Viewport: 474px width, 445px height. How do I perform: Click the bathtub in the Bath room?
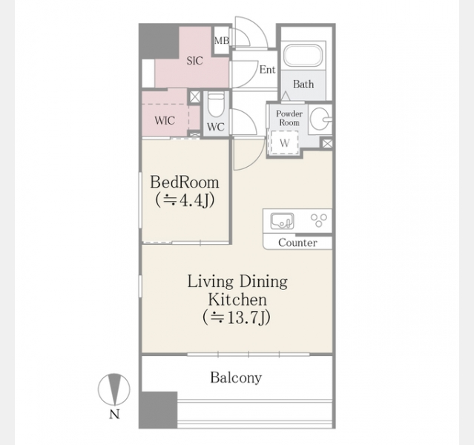tap(303, 56)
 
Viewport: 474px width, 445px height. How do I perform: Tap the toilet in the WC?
tap(216, 105)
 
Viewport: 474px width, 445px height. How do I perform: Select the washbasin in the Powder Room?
tap(320, 119)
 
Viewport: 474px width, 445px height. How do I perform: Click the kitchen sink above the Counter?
tap(282, 221)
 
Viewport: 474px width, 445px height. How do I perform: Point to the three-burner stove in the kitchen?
tap(319, 220)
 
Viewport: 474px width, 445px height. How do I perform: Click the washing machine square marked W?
tap(284, 142)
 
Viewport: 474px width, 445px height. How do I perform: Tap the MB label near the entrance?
tap(222, 41)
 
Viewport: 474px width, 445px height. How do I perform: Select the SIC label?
tap(194, 61)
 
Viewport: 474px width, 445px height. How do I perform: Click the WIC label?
tap(165, 121)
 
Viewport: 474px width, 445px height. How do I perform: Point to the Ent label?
tap(268, 70)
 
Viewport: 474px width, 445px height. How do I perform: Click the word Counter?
tap(297, 243)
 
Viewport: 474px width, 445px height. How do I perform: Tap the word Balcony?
tap(236, 378)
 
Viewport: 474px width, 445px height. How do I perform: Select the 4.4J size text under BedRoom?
tap(185, 200)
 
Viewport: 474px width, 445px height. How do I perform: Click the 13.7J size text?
tap(237, 317)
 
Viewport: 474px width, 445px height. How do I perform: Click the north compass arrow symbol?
tap(114, 389)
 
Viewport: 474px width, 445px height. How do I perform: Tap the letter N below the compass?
tap(114, 414)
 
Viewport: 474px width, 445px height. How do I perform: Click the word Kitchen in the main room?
tap(237, 300)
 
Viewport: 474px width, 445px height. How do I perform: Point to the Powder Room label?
tap(289, 118)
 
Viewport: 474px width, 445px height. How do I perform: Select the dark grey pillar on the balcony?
tap(158, 410)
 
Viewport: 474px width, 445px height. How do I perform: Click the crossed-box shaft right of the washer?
tap(327, 143)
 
